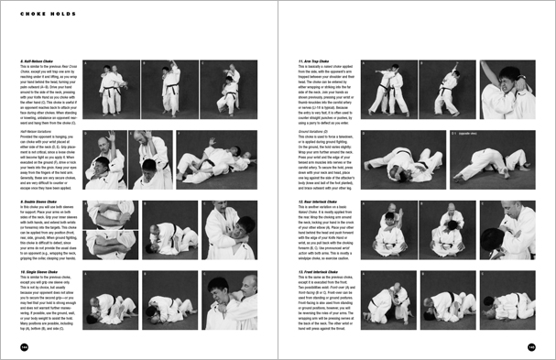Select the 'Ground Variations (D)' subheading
(318, 132)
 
